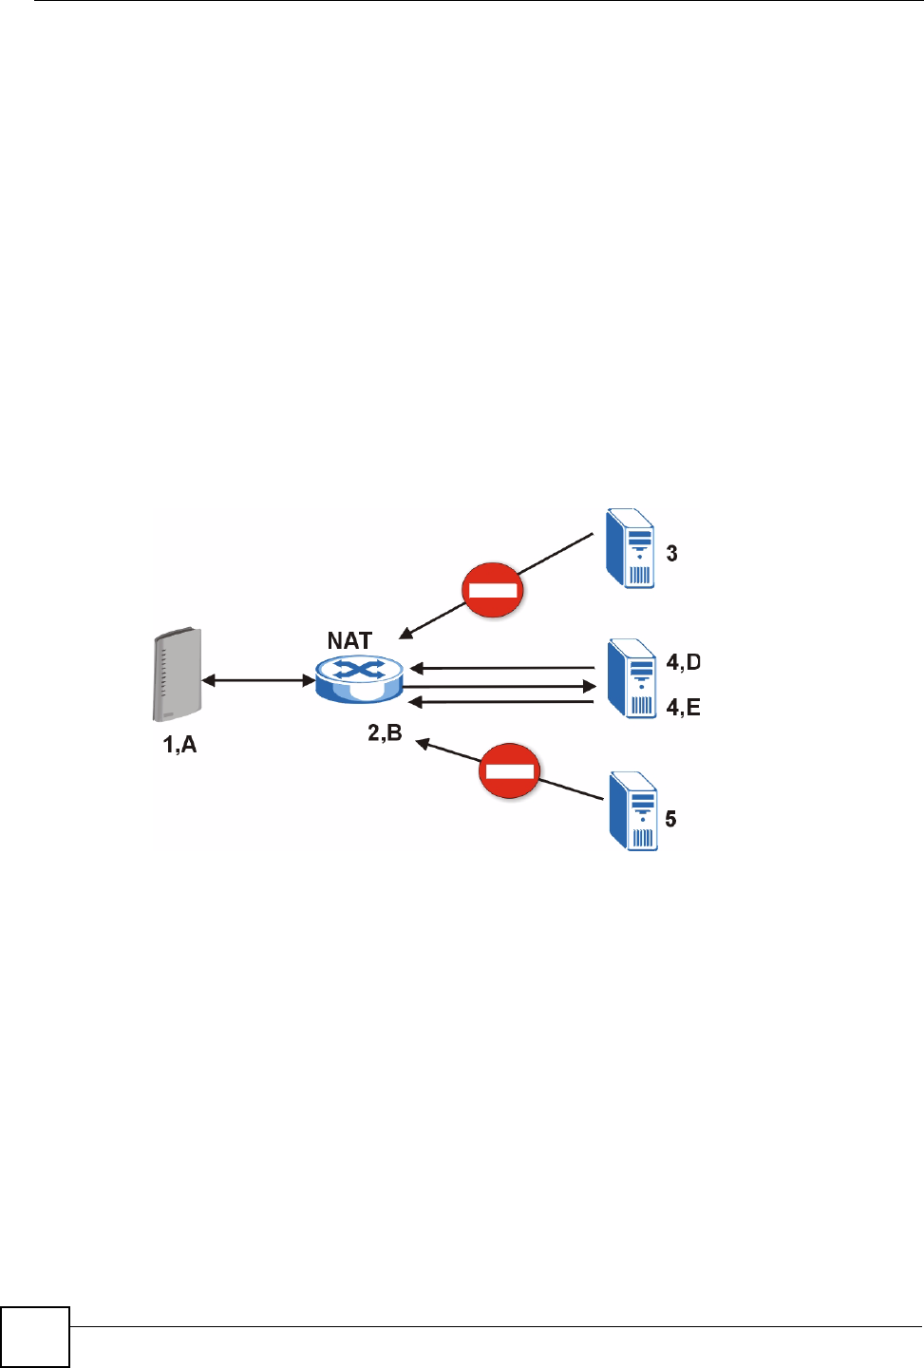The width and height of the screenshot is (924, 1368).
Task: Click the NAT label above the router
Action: tap(349, 641)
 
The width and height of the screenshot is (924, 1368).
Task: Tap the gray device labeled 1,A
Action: tap(177, 674)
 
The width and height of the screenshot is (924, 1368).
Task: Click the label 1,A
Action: tap(179, 745)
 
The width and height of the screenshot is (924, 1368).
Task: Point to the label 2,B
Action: tap(385, 732)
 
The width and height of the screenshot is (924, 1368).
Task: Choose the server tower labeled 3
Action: tap(630, 549)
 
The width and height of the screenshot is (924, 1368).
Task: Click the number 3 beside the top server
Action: tap(671, 554)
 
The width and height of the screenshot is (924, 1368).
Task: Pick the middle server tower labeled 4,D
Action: tap(632, 678)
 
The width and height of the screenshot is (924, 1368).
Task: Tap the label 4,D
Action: tap(683, 662)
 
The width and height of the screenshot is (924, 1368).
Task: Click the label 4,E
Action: tap(683, 708)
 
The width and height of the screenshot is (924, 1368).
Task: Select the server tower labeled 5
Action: tap(633, 810)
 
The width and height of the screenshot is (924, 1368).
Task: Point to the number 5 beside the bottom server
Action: tap(670, 819)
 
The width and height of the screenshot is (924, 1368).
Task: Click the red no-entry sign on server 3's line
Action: tap(493, 590)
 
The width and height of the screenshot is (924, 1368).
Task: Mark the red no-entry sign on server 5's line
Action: tap(510, 770)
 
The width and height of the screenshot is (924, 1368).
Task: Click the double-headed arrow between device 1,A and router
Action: tap(258, 680)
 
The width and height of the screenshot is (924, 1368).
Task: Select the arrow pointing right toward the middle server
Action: tap(500, 686)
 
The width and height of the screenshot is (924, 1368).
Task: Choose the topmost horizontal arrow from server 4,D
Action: tap(503, 668)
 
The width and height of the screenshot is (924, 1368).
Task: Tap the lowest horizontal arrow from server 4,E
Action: tap(503, 702)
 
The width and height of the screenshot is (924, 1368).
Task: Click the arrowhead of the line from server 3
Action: tap(405, 634)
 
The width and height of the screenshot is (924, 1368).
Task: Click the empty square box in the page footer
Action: tap(35, 1337)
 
